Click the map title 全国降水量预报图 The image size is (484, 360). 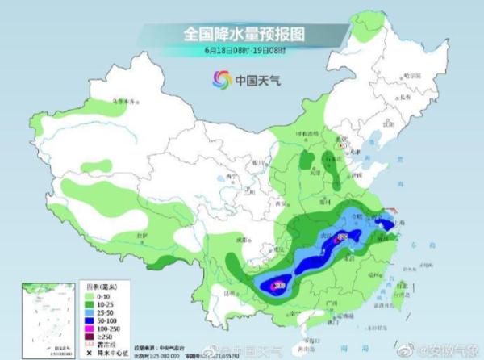241,34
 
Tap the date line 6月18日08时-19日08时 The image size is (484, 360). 241,50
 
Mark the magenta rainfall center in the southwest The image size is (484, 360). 278,284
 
